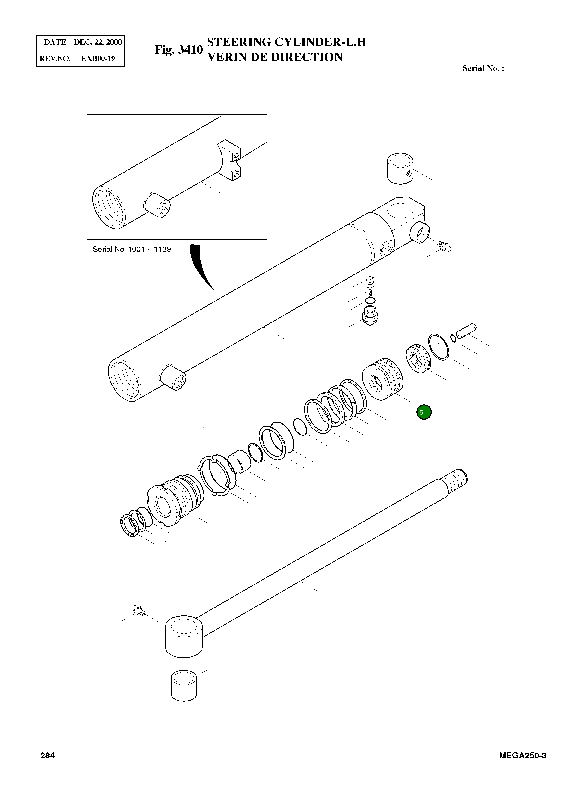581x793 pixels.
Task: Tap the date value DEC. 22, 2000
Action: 98,42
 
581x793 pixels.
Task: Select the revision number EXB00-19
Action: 98,58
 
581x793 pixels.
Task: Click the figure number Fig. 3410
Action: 179,50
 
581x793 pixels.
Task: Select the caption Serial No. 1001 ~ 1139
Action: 132,249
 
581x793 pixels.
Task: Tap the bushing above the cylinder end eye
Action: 400,168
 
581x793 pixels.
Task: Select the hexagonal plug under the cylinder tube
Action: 370,315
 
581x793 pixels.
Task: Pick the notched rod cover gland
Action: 174,500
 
